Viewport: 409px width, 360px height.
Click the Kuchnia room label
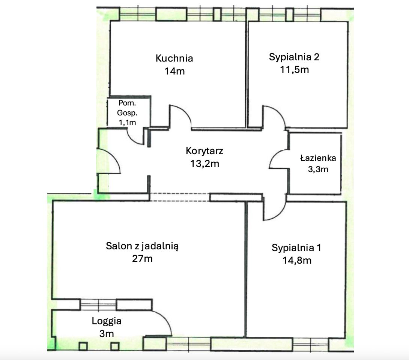[x=174, y=58]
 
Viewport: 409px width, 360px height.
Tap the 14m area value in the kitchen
[x=174, y=71]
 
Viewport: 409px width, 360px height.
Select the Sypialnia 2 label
[x=294, y=57]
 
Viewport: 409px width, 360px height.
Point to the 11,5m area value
[x=295, y=70]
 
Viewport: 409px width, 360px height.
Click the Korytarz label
[x=204, y=151]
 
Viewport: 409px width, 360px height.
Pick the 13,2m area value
[x=204, y=164]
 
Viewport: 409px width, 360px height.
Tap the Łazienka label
[x=318, y=158]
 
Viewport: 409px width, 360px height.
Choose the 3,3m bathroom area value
[x=318, y=169]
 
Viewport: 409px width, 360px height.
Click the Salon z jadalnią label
[x=142, y=246]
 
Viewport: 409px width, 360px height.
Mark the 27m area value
[x=142, y=259]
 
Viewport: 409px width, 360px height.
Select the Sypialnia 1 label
[x=296, y=247]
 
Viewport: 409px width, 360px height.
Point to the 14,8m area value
[x=297, y=260]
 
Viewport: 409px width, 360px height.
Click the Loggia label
[x=107, y=321]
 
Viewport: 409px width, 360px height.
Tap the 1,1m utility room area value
[x=127, y=123]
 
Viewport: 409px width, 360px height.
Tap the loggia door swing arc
[x=165, y=318]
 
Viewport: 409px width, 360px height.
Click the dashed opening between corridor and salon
[x=179, y=197]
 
